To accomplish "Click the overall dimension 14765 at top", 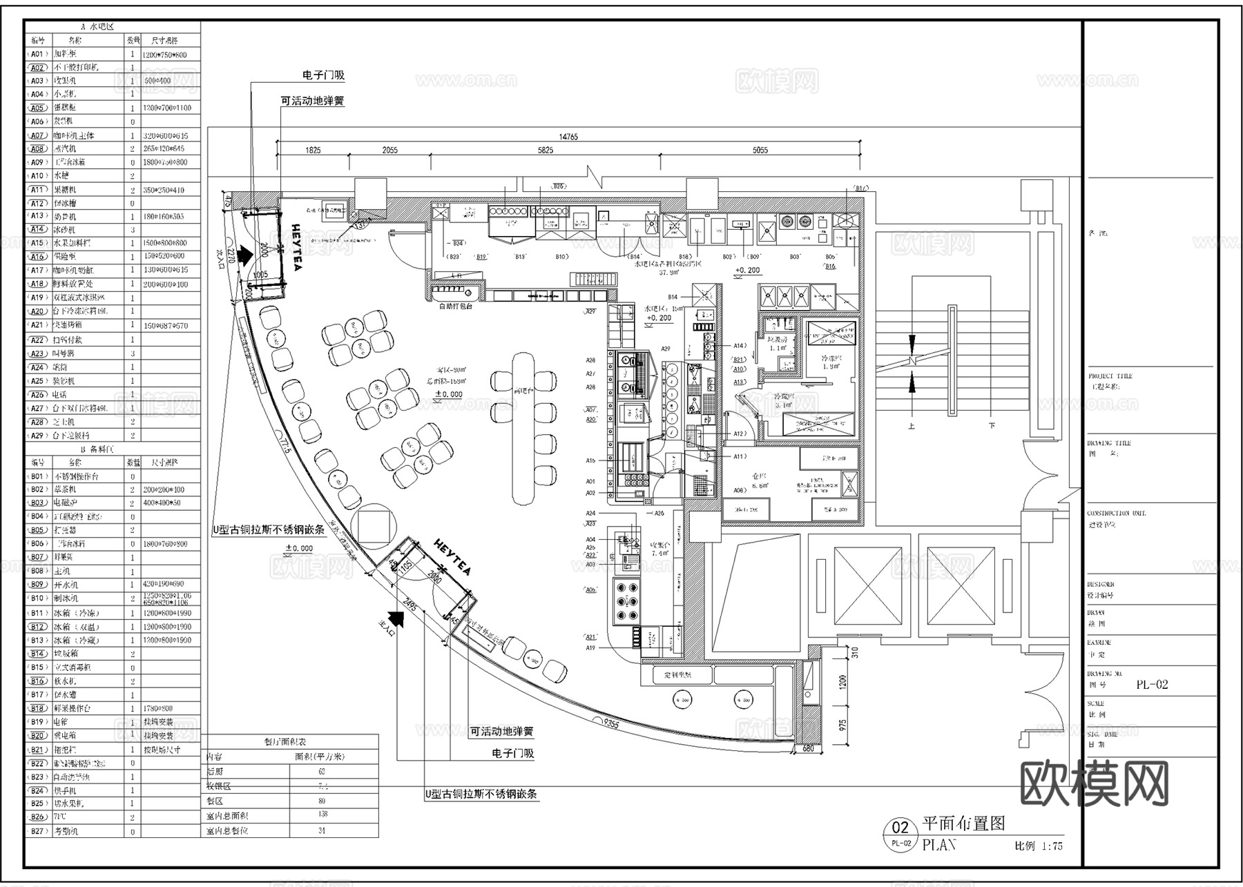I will click(x=568, y=137).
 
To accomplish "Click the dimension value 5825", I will click(x=546, y=150).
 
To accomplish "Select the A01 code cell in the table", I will click(x=37, y=54).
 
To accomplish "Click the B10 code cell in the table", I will click(x=37, y=598).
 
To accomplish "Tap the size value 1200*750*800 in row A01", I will click(x=164, y=55).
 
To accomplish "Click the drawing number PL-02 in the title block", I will click(x=1153, y=685).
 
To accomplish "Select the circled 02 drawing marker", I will click(x=900, y=828).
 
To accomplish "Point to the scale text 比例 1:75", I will click(x=1038, y=846).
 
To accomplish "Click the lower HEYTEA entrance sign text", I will click(x=452, y=558).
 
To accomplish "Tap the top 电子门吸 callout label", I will click(x=323, y=75).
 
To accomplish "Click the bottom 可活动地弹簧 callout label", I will click(x=502, y=731).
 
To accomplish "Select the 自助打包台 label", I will click(x=456, y=306).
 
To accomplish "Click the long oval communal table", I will click(x=524, y=429).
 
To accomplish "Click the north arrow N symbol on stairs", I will click(x=912, y=360).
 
